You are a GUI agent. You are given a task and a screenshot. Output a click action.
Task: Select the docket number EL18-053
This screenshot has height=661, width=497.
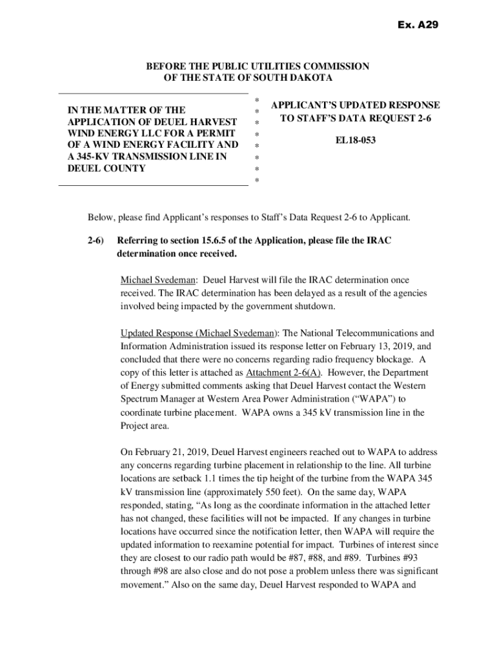pos(356,139)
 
